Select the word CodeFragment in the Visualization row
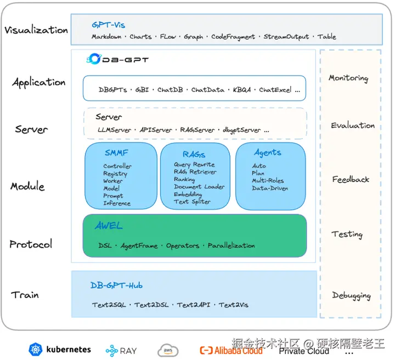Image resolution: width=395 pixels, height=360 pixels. pos(233,37)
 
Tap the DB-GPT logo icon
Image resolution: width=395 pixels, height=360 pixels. pos(94,59)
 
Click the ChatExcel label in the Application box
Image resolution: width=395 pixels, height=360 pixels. pos(275,90)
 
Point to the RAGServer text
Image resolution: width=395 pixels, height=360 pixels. pos(197,130)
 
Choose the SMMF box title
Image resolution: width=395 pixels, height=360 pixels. pos(117,153)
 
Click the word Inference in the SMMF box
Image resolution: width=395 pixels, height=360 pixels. pos(117,203)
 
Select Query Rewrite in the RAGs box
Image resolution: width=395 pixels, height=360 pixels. pos(194,164)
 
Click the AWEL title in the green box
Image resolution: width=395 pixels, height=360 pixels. pos(109,226)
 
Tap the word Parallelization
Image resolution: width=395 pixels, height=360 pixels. pos(231,245)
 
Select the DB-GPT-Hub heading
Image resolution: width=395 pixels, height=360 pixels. pos(117,285)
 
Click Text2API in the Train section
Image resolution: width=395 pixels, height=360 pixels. pos(195,305)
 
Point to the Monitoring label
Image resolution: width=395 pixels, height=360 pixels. pos(348,78)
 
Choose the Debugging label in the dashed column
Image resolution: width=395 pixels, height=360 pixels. pos(351,295)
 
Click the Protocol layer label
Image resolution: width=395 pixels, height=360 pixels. pos(31,244)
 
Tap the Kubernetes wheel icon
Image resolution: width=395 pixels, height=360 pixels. pos(36,350)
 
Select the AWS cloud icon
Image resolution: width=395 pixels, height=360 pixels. pos(168,350)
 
